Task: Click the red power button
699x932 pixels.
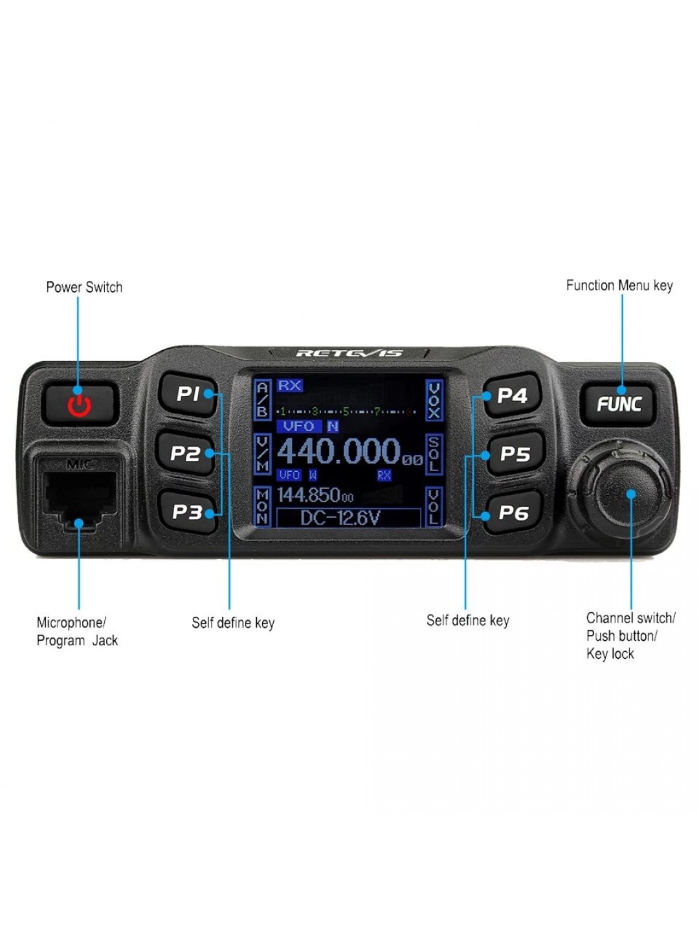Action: (79, 403)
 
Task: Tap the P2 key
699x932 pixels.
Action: (186, 454)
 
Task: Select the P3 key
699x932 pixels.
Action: (187, 512)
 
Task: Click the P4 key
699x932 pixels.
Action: (512, 395)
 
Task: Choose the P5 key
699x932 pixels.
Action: (515, 454)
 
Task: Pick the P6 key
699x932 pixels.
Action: (513, 513)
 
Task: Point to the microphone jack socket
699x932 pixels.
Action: (79, 496)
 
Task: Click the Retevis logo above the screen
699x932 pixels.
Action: (349, 353)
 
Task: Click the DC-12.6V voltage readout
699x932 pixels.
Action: (340, 518)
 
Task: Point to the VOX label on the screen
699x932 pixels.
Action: (434, 400)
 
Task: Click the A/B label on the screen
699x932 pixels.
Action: (262, 400)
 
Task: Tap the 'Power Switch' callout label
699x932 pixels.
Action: (84, 287)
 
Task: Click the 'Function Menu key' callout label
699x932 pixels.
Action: (619, 285)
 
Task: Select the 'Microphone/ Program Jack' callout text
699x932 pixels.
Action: (76, 632)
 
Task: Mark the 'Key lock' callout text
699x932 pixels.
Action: (610, 654)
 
